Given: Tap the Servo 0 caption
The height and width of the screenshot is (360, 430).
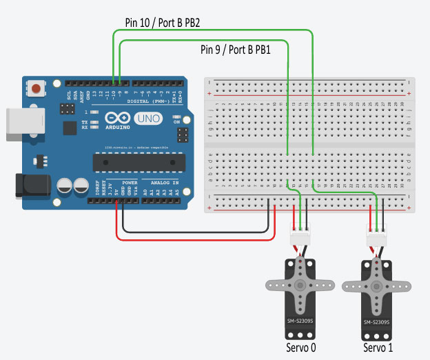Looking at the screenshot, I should (x=301, y=347).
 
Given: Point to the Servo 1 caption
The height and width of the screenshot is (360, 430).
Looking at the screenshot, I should (x=379, y=347).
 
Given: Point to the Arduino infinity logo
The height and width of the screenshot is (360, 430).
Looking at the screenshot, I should (x=118, y=119).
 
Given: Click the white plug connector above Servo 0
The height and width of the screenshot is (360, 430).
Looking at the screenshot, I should (x=300, y=237).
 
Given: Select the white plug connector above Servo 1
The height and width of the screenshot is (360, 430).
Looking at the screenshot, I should (x=378, y=237).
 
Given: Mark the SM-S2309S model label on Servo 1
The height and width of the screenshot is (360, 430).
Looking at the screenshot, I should (x=377, y=321).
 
